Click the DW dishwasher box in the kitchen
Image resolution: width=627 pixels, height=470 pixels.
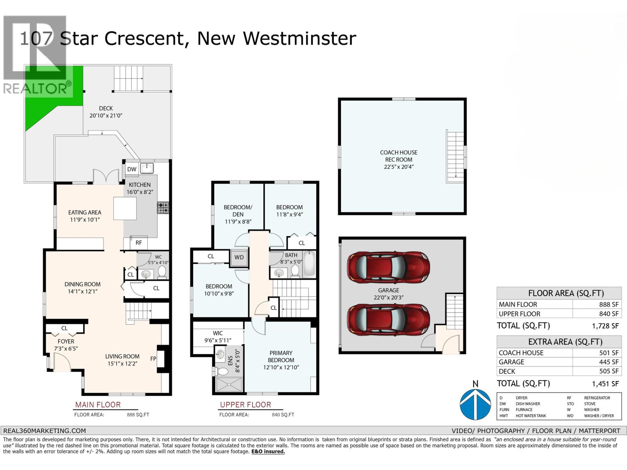pos(132,169)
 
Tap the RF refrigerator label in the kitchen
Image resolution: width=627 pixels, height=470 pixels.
pos(139,243)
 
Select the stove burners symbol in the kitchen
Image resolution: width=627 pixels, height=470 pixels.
pos(163,208)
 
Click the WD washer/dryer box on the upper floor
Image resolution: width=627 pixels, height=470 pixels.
pos(239,257)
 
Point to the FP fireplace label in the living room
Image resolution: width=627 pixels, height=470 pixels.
pos(153,358)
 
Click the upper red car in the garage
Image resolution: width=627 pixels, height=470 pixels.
pos(388,267)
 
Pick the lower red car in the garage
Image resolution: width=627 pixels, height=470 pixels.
pos(388,320)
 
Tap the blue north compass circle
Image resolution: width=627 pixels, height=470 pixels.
pos(475,404)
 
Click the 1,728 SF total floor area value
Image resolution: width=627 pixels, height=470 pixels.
pos(605,326)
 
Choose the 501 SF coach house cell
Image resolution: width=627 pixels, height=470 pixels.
pos(609,352)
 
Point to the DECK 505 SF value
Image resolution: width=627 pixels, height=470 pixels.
pos(609,371)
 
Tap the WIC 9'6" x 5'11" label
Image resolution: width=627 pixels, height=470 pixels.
pos(217,337)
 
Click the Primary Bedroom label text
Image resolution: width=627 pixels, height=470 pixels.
pos(281,356)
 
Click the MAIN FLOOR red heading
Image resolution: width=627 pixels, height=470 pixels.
pos(98,405)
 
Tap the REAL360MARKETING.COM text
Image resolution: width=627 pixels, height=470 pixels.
pos(44,430)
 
